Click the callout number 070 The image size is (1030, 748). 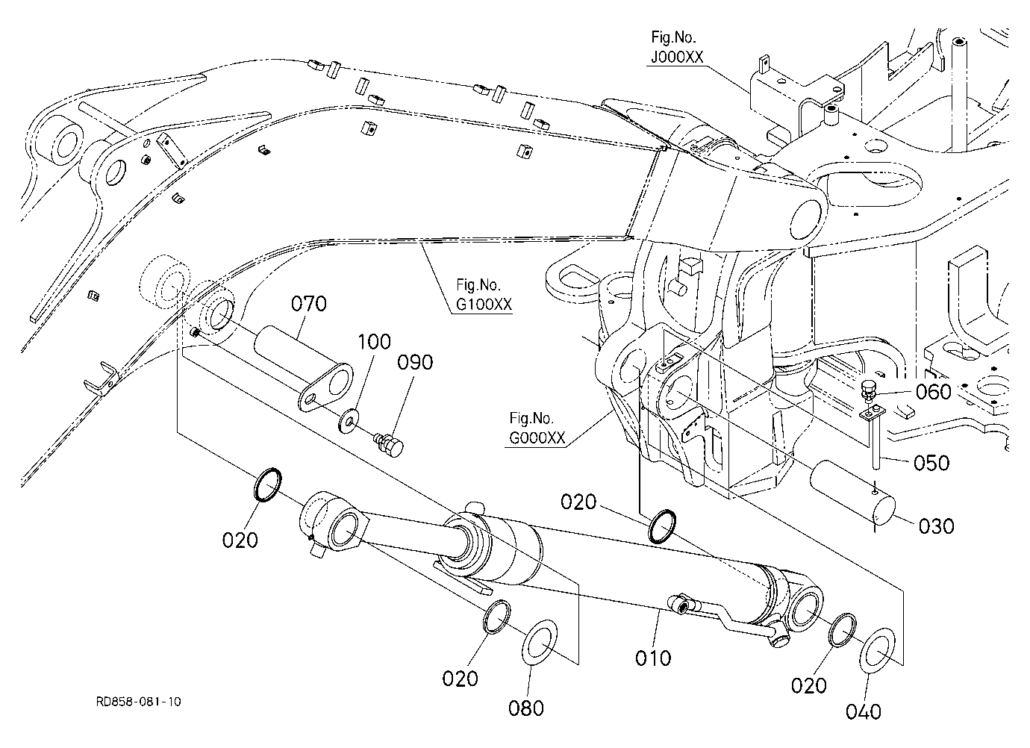(x=309, y=304)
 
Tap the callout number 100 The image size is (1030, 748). (x=374, y=342)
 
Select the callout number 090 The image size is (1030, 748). (x=415, y=363)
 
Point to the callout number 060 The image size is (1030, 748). (x=934, y=392)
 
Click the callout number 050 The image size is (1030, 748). (x=931, y=464)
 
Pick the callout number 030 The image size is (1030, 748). (x=937, y=526)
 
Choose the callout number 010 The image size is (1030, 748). (x=653, y=658)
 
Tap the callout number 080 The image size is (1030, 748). (x=526, y=708)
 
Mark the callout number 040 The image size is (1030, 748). (x=864, y=712)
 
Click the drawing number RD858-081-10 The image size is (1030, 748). (x=138, y=702)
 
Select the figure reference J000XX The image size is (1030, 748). (x=677, y=57)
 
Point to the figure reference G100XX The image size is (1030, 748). (x=484, y=304)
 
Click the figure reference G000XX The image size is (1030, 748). (x=537, y=437)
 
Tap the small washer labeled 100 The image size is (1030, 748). (x=349, y=420)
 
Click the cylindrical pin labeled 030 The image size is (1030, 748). (x=852, y=492)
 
